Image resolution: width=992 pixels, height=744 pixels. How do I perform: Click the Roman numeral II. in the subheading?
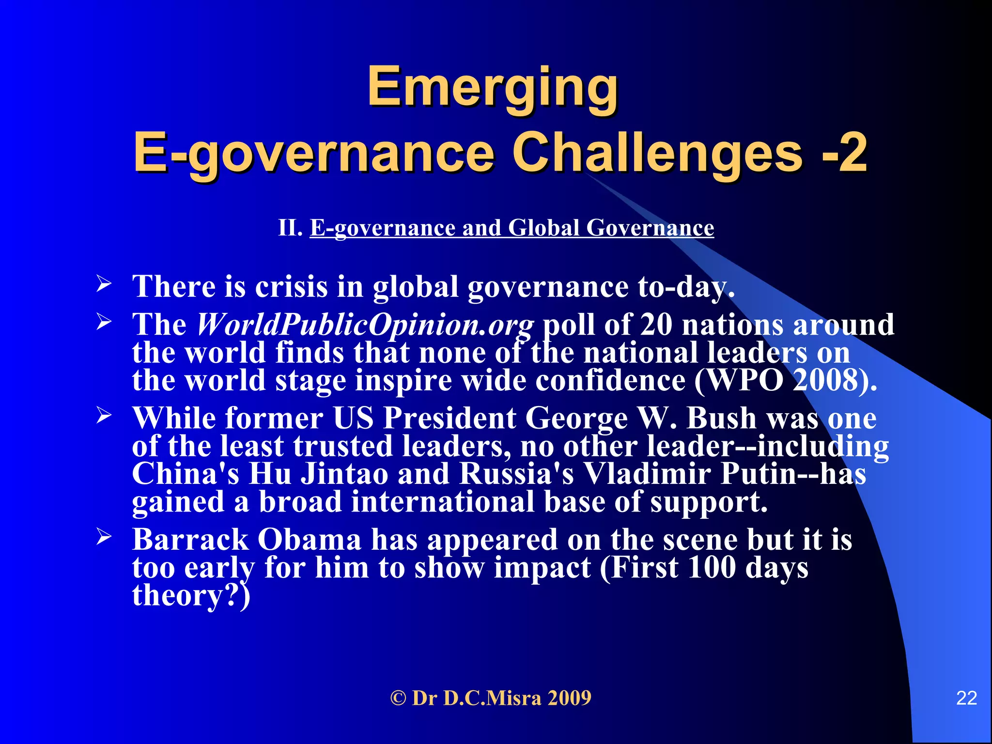(x=290, y=228)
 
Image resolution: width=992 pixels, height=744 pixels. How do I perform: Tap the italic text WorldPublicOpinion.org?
(x=365, y=325)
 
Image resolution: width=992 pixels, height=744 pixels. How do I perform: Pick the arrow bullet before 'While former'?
(x=104, y=415)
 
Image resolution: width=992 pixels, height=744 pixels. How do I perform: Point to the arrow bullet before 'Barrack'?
(x=104, y=536)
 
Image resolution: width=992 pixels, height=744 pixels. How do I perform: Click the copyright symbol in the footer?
(x=398, y=698)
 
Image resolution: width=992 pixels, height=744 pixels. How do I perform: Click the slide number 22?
(x=966, y=698)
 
